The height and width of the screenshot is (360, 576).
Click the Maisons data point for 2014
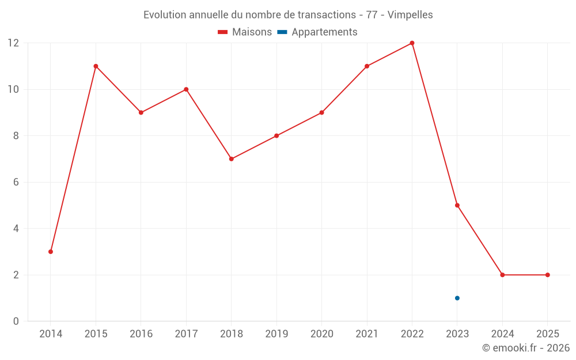click(x=51, y=252)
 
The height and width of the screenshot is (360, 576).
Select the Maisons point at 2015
click(x=96, y=66)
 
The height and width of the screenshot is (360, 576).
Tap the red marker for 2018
click(x=232, y=159)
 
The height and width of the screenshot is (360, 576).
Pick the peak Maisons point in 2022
click(x=412, y=43)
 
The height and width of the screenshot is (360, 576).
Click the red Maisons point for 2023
click(x=457, y=206)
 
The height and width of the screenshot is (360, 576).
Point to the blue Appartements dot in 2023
click(x=457, y=298)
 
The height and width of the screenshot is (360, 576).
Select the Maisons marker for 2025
click(x=547, y=275)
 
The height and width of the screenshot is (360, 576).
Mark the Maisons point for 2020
click(x=321, y=112)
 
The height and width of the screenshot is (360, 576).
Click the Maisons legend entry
click(x=245, y=32)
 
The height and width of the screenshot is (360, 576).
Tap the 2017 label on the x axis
click(x=186, y=334)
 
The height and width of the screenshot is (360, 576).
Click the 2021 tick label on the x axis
click(x=367, y=334)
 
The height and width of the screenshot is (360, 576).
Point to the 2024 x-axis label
click(x=502, y=334)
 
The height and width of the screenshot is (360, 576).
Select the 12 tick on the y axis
click(x=13, y=43)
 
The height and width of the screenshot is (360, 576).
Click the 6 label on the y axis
click(x=16, y=182)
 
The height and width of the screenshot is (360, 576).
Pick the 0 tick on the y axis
click(x=16, y=321)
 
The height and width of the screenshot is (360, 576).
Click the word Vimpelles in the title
click(x=410, y=15)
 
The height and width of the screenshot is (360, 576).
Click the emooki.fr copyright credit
click(x=525, y=348)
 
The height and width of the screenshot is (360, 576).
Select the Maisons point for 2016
click(x=141, y=112)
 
